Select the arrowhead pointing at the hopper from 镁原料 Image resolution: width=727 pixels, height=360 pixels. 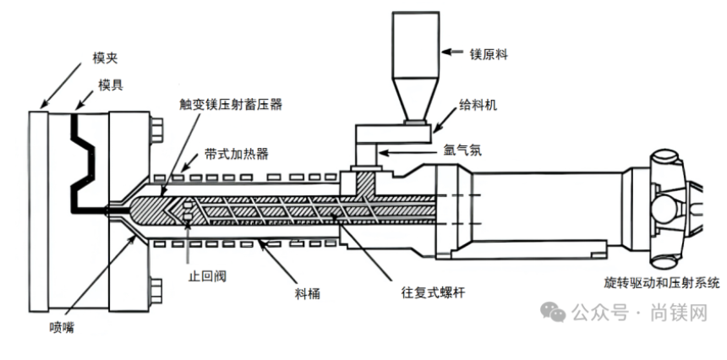tap(445, 52)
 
